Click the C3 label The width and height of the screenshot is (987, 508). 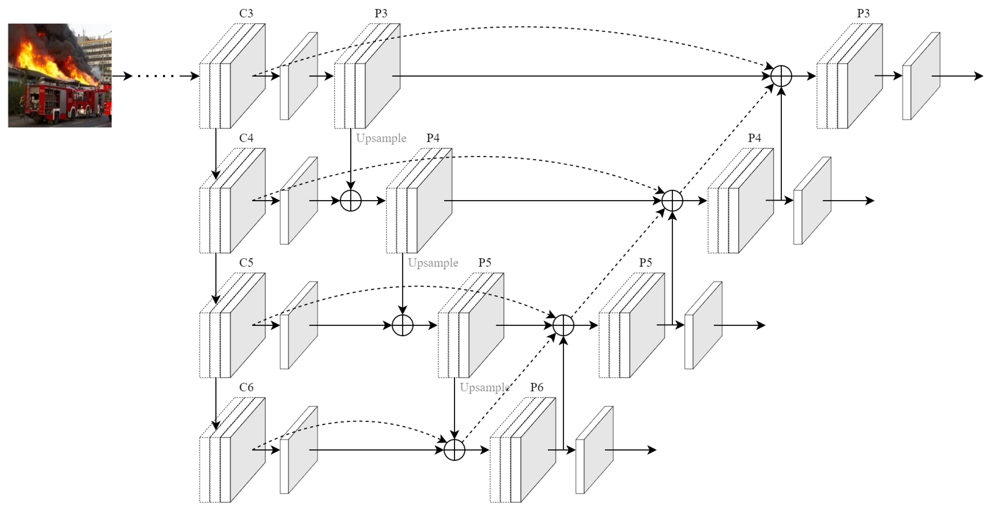(246, 13)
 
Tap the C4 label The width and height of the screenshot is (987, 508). (246, 138)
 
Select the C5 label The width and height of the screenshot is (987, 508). (246, 263)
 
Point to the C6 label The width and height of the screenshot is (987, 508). (246, 387)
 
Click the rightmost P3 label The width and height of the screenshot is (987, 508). (863, 13)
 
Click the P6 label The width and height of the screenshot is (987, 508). (537, 387)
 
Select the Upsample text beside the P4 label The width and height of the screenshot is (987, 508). (381, 138)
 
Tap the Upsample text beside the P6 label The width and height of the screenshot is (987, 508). (484, 387)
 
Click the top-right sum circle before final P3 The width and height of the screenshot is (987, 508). (781, 76)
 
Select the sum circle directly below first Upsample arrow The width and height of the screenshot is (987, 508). (351, 200)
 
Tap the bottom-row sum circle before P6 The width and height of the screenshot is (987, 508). (454, 450)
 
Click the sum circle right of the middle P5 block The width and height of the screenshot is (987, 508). (563, 325)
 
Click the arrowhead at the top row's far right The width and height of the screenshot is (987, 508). (978, 76)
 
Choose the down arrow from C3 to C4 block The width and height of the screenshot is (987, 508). (216, 153)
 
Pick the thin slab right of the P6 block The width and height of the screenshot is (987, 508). (594, 450)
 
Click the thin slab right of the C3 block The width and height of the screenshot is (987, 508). (299, 76)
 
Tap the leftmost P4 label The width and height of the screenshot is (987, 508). (433, 138)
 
